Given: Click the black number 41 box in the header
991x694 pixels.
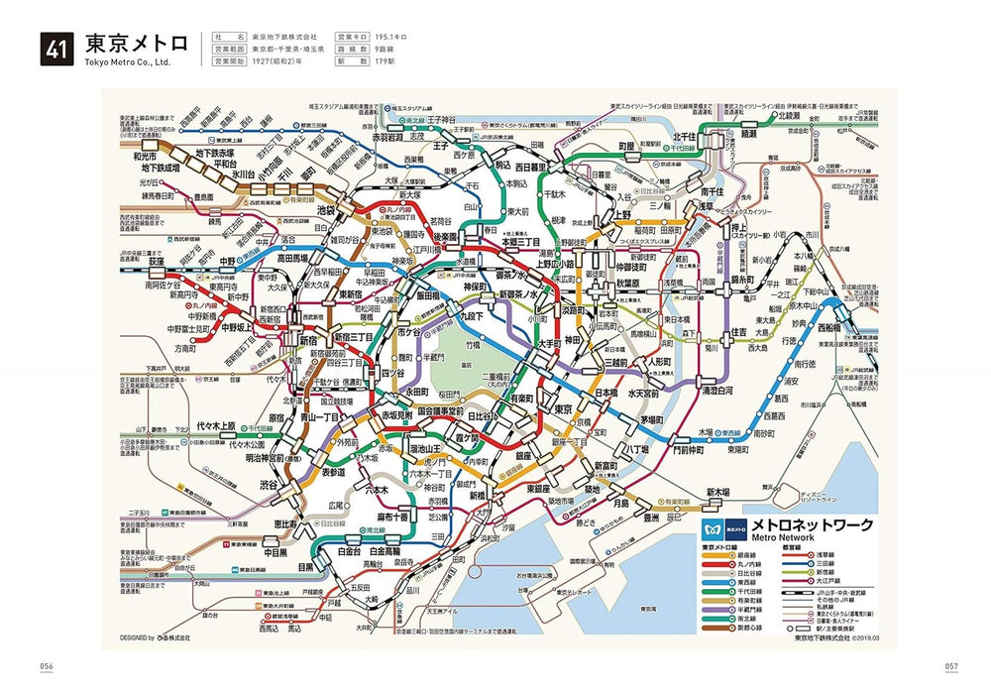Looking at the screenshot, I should (57, 49).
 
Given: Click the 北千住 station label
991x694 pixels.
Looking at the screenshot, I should (689, 137).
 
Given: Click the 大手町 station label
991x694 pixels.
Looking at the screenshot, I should (552, 344).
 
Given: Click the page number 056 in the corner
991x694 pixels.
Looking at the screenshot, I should (46, 664).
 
